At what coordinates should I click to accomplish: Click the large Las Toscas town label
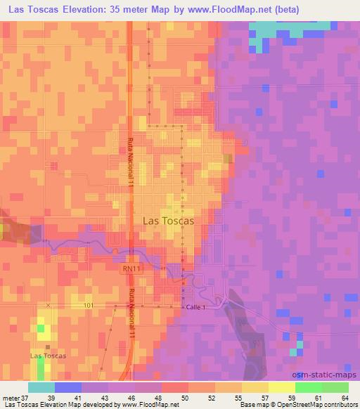click(168, 219)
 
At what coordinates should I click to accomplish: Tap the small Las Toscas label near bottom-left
click(49, 356)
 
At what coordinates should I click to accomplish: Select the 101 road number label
click(87, 306)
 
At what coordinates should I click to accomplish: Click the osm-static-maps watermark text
click(327, 376)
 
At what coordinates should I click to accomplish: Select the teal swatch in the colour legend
click(41, 387)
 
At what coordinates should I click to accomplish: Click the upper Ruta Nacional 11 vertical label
click(131, 162)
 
